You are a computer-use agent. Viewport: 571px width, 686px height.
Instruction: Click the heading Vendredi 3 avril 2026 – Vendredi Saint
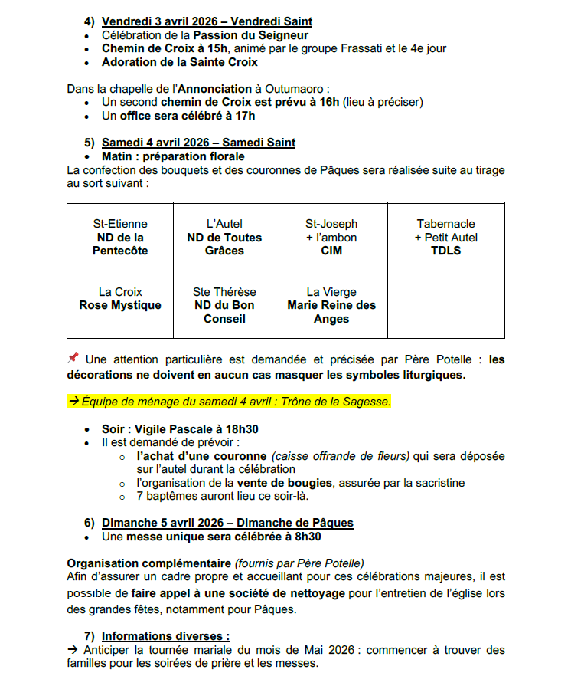coord(207,21)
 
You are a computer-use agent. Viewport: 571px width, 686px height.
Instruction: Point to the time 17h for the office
coord(245,116)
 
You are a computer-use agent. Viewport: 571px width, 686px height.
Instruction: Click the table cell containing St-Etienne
coord(120,237)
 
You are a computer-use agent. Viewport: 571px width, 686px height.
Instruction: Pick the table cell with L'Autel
coord(224,237)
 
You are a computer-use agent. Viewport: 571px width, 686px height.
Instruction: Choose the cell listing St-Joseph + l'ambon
coord(331,237)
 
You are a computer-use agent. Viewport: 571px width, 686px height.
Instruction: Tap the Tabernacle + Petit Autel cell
coord(445,237)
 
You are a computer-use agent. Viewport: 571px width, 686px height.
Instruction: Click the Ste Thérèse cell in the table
coord(224,305)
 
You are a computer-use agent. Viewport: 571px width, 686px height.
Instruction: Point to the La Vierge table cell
coord(331,305)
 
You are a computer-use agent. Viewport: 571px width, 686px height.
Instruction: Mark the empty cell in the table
coord(445,305)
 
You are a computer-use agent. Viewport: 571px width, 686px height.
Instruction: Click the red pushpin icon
coord(73,358)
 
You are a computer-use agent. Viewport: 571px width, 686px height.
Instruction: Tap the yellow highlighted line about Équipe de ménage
coord(230,401)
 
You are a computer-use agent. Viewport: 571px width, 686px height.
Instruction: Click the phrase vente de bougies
coord(285,483)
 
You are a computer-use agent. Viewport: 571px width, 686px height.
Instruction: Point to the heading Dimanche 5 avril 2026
coord(227,523)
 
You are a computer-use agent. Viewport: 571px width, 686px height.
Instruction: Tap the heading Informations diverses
coord(165,635)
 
